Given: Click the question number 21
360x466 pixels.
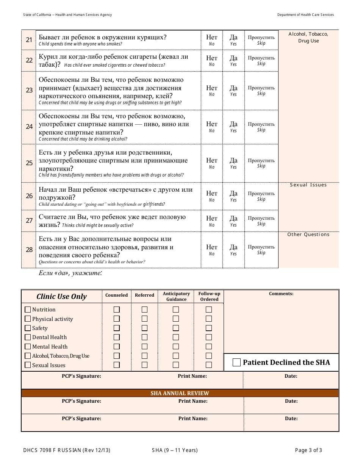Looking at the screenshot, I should [29, 40].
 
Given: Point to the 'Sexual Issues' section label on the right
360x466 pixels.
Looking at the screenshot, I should [308, 185].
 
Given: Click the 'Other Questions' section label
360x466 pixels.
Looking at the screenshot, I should [308, 235].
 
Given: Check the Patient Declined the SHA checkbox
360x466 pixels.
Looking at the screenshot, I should [236, 363].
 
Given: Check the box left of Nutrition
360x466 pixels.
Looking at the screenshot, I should [28, 310].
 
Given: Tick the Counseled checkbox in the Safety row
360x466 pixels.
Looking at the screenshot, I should [117, 328].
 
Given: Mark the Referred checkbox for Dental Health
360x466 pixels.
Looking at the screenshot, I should [144, 337].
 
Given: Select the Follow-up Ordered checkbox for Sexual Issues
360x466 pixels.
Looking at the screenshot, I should [209, 365].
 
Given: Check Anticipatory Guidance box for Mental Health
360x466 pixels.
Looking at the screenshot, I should [176, 346].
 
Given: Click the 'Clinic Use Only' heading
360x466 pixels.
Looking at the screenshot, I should [61, 297].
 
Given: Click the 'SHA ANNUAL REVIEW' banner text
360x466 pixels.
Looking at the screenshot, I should [180, 393].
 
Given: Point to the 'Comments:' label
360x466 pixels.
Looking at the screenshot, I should [281, 294].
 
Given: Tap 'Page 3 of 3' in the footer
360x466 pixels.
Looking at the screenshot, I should [308, 450].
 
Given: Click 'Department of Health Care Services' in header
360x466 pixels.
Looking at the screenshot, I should [305, 15].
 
